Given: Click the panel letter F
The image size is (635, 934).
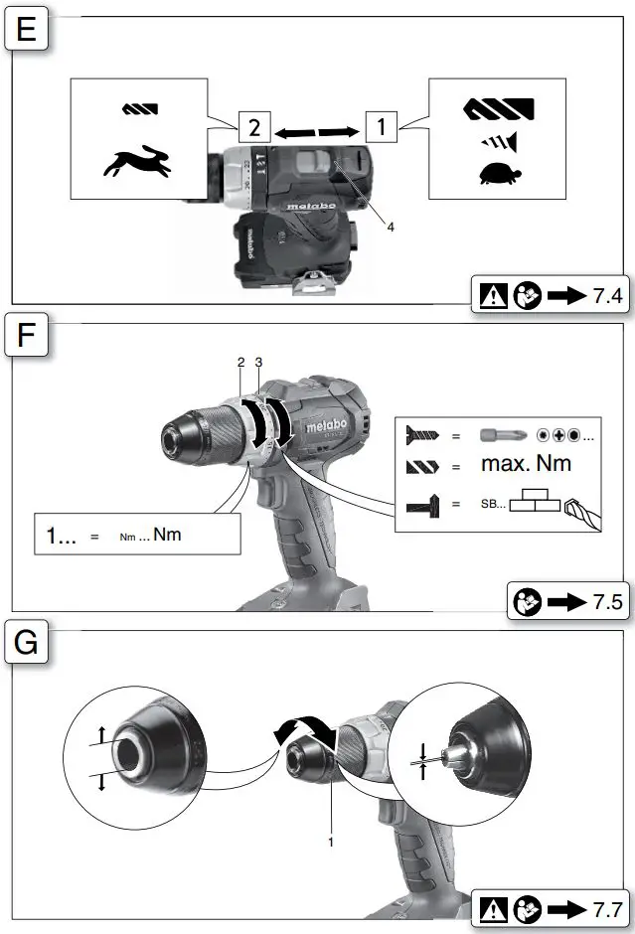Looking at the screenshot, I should pos(27,338).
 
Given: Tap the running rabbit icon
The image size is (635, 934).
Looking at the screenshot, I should pos(138,162).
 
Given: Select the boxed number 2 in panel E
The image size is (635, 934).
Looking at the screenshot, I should pos(253,128).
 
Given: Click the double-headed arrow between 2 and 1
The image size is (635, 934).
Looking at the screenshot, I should pos(317,129).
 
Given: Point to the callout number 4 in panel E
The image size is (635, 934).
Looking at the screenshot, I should pos(391,227).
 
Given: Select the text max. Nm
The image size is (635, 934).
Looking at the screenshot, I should pos(526,464).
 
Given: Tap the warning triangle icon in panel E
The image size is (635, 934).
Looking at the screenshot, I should pos(490,297).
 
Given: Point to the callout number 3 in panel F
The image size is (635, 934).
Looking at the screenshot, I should pos(258,365).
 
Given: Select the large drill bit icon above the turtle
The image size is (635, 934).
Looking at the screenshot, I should pos(496,107).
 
